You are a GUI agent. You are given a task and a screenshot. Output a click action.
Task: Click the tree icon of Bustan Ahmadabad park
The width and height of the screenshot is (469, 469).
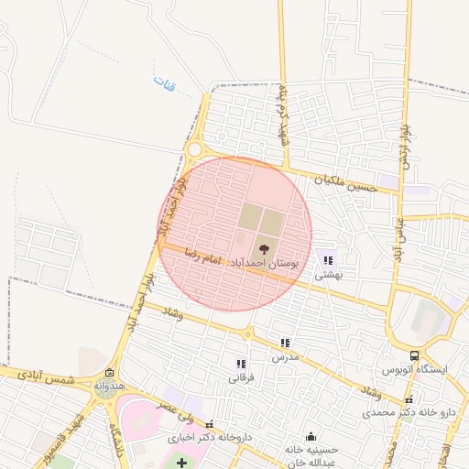click(264, 247)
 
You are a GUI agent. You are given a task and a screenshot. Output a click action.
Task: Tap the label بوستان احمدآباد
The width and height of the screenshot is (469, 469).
click(262, 263)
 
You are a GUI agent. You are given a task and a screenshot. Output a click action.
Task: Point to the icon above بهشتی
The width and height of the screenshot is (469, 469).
click(329, 261)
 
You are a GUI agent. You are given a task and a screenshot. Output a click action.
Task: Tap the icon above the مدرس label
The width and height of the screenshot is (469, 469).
click(285, 343)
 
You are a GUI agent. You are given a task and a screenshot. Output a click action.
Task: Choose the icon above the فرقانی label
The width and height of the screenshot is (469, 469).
click(241, 364)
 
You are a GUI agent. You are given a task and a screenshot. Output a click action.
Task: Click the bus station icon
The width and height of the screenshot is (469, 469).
click(415, 355)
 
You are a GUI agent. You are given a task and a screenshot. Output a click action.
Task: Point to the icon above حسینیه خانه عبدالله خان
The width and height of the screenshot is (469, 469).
click(311, 436)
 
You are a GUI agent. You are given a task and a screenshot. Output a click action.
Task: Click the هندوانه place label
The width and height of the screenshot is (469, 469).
click(109, 387)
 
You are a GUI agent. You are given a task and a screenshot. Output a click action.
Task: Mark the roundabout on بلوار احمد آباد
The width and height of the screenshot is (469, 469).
click(193, 149)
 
